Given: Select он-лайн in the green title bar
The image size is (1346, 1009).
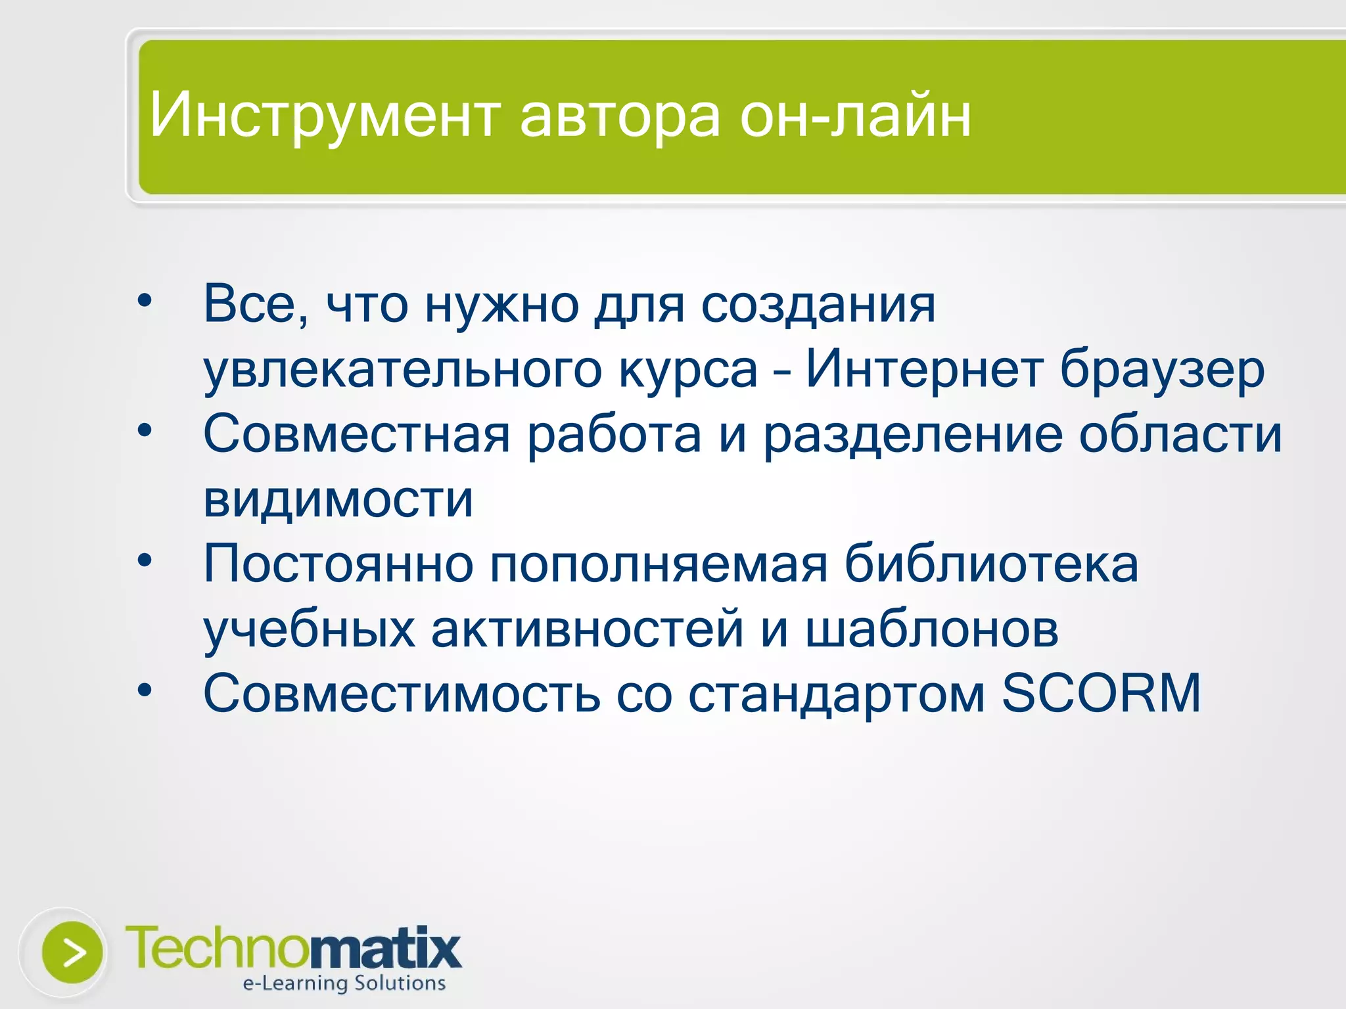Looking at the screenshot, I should coord(855,116).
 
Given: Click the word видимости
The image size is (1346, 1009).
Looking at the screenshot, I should coord(338,499).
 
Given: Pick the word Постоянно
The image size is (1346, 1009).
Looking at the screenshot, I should coord(338,564).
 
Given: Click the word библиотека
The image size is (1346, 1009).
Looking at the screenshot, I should coord(991,564).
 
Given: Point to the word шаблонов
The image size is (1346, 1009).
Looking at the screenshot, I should coord(932,629).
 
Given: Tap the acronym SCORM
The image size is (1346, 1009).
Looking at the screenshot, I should coord(1101,693).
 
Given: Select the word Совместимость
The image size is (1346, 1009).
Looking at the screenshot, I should coord(402,693).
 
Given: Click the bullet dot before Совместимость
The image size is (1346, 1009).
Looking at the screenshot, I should coord(145,690).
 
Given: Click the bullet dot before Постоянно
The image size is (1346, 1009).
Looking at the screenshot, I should coord(145,560).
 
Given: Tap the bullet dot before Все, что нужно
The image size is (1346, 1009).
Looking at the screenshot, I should coord(145,301).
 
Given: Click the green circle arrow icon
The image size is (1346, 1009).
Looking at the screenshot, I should coord(72,953).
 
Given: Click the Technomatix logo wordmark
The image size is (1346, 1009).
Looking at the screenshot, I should coord(293,948).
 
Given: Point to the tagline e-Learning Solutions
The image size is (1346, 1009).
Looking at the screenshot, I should coord(344,983).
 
